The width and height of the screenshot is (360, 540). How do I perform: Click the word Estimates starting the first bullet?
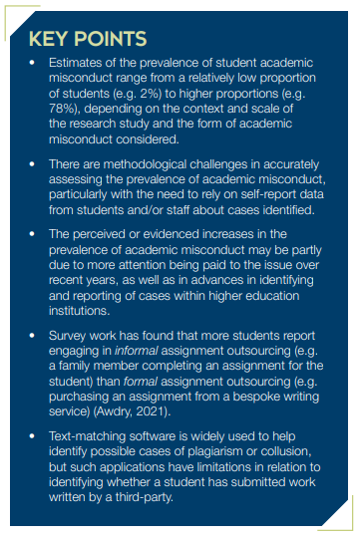click(x=79, y=65)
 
